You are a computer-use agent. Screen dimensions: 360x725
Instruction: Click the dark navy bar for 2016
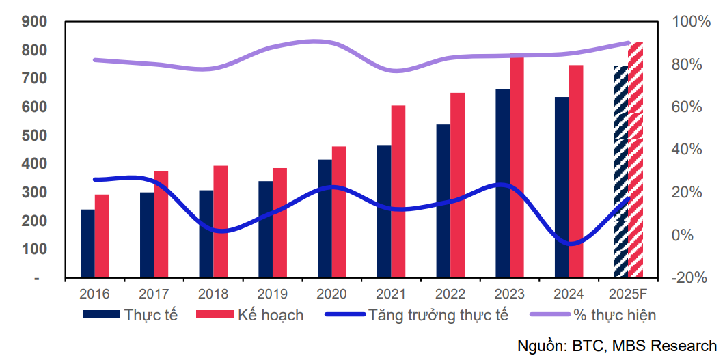pos(87,244)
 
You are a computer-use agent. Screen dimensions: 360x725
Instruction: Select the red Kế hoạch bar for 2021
pos(398,192)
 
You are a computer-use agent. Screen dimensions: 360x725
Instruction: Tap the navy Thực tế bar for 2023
pos(502,184)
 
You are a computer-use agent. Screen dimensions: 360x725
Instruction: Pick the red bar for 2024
pos(576,171)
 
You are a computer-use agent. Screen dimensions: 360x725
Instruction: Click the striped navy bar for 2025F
pos(620,172)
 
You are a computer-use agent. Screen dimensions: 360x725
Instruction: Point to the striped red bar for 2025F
pos(635,161)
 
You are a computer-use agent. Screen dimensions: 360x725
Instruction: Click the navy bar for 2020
pos(325,219)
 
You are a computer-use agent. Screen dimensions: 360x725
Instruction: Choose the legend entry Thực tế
pos(130,315)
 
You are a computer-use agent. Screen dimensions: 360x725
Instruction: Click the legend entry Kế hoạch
pos(250,315)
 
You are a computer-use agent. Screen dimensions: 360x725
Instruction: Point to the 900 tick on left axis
pos(34,22)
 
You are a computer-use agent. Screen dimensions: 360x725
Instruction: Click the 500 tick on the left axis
pos(34,135)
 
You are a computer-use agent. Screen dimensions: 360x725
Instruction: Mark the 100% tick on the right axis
pos(692,22)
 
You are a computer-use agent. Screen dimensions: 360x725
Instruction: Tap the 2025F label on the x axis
pos(628,294)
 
